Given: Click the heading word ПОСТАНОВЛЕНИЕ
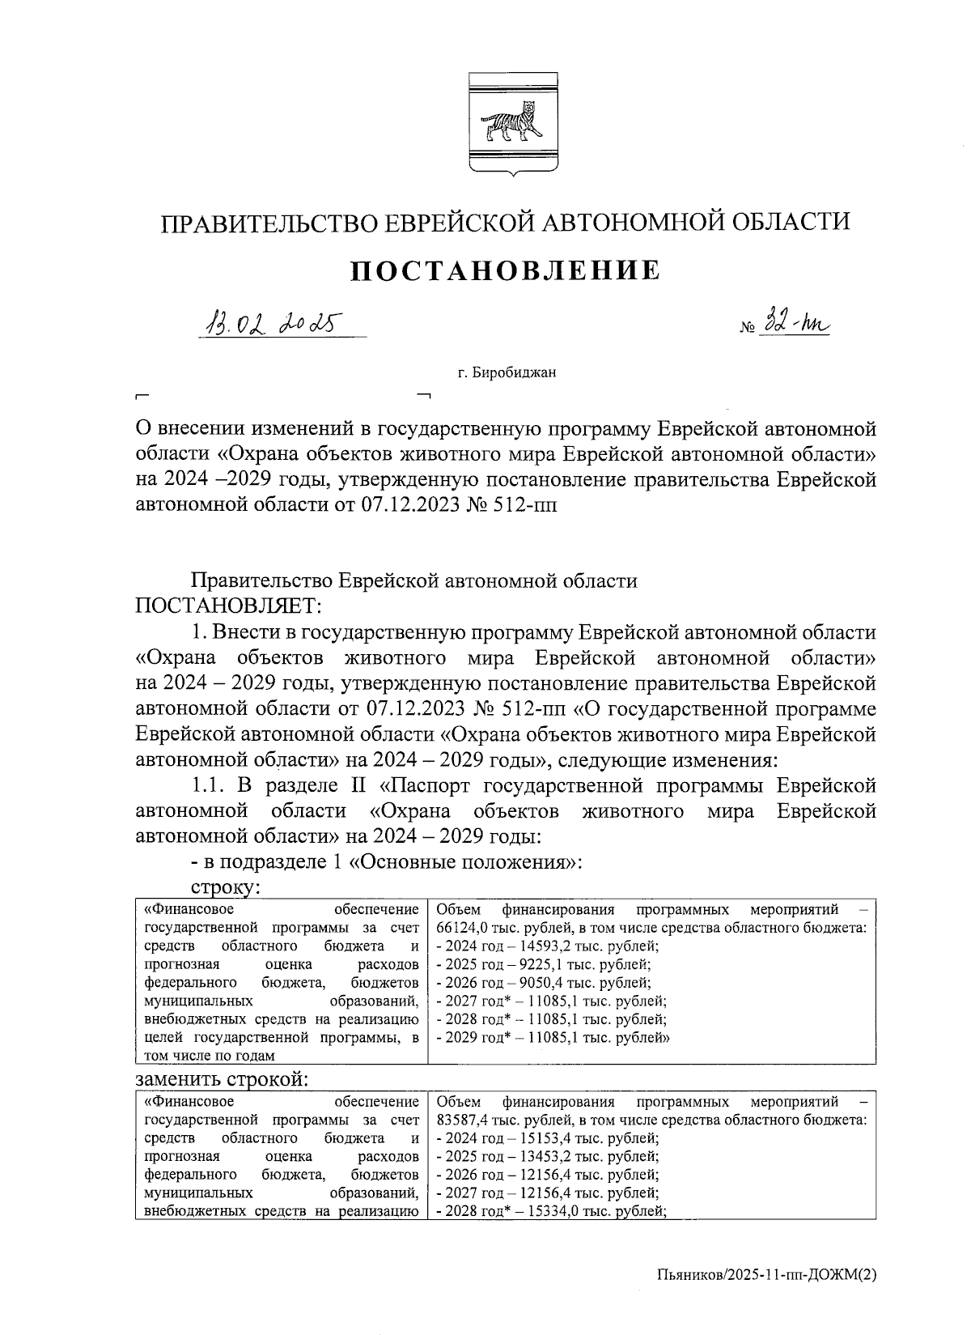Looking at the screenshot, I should click(505, 270).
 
